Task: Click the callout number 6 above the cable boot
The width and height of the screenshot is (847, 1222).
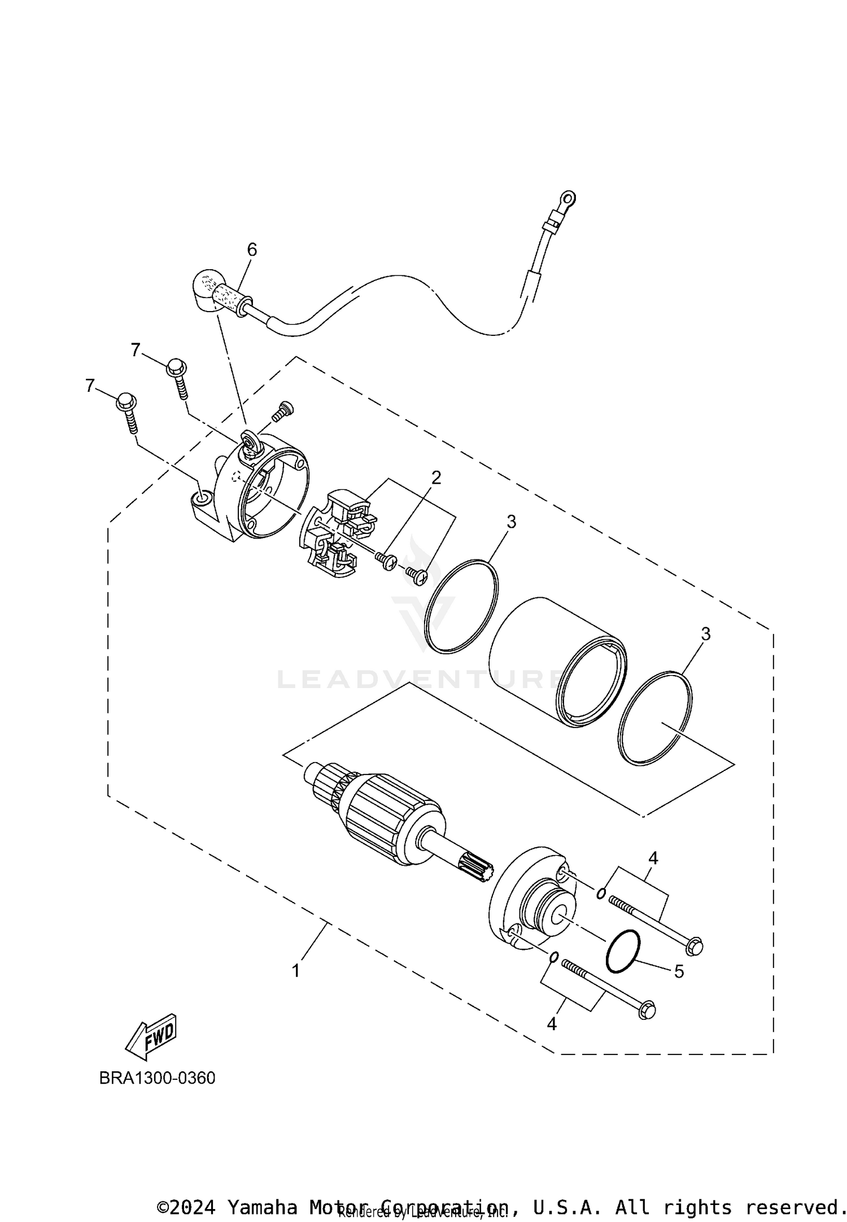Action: [x=252, y=249]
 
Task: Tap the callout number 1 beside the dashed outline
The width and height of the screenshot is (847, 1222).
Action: [x=296, y=970]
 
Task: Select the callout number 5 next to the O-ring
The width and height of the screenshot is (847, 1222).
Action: [x=679, y=971]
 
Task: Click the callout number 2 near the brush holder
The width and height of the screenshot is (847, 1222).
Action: [x=436, y=478]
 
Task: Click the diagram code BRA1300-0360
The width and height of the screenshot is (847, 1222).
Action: [x=157, y=1078]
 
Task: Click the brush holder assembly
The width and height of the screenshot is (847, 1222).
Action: [x=334, y=533]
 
